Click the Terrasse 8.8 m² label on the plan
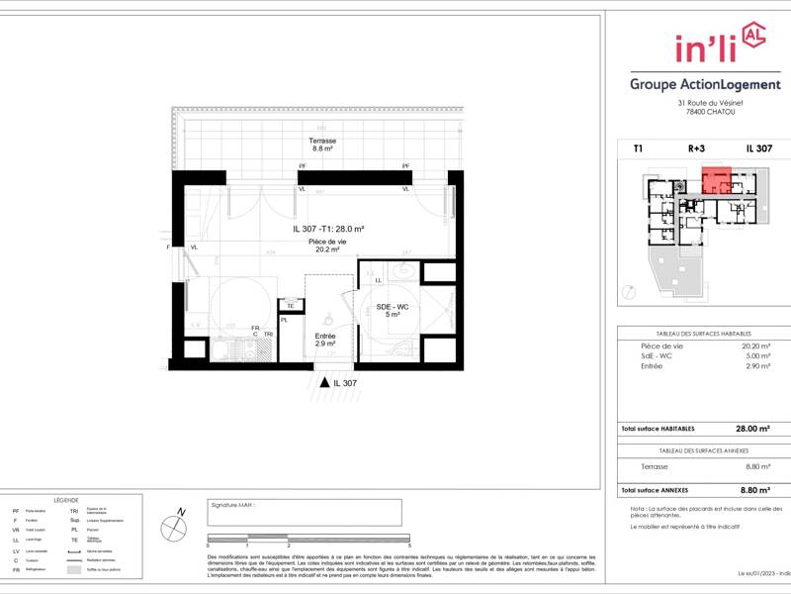click(x=323, y=145)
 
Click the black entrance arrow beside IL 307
click(x=323, y=381)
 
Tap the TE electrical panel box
click(x=291, y=306)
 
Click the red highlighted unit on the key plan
click(x=717, y=179)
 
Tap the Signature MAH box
click(x=305, y=513)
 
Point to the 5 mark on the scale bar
click(x=408, y=545)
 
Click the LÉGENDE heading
click(x=66, y=500)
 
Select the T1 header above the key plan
click(x=638, y=148)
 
